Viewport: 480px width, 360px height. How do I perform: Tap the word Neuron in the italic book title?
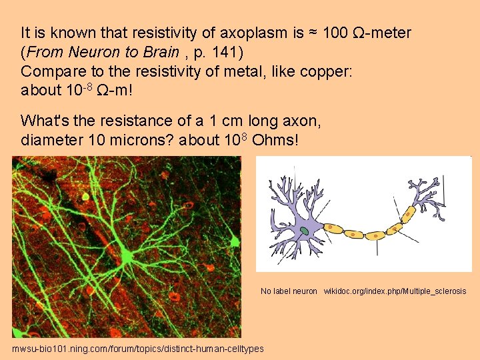[x=89, y=51]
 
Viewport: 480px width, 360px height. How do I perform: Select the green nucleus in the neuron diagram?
[x=304, y=231]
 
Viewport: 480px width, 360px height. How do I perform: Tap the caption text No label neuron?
[x=289, y=291]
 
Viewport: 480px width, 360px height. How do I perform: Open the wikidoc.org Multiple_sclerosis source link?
[x=395, y=291]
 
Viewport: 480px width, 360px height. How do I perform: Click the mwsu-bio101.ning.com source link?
[x=137, y=349]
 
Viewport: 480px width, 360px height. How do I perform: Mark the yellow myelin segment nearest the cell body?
[x=333, y=229]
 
